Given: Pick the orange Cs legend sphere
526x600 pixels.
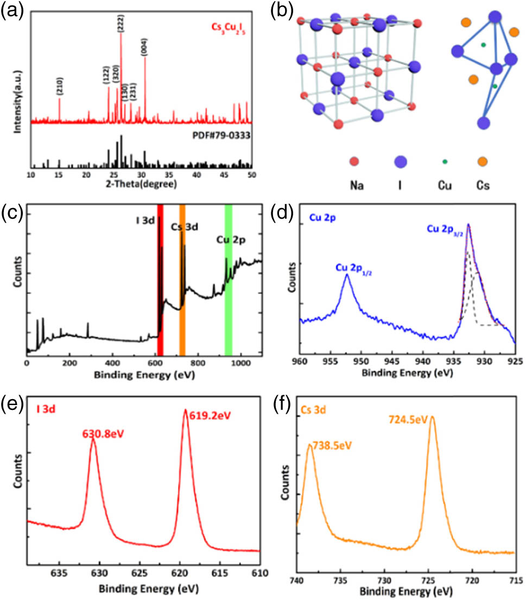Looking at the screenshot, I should point(481,161).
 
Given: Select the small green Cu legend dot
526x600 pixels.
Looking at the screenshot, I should point(445,161).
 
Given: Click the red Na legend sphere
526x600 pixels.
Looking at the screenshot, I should point(354,161).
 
